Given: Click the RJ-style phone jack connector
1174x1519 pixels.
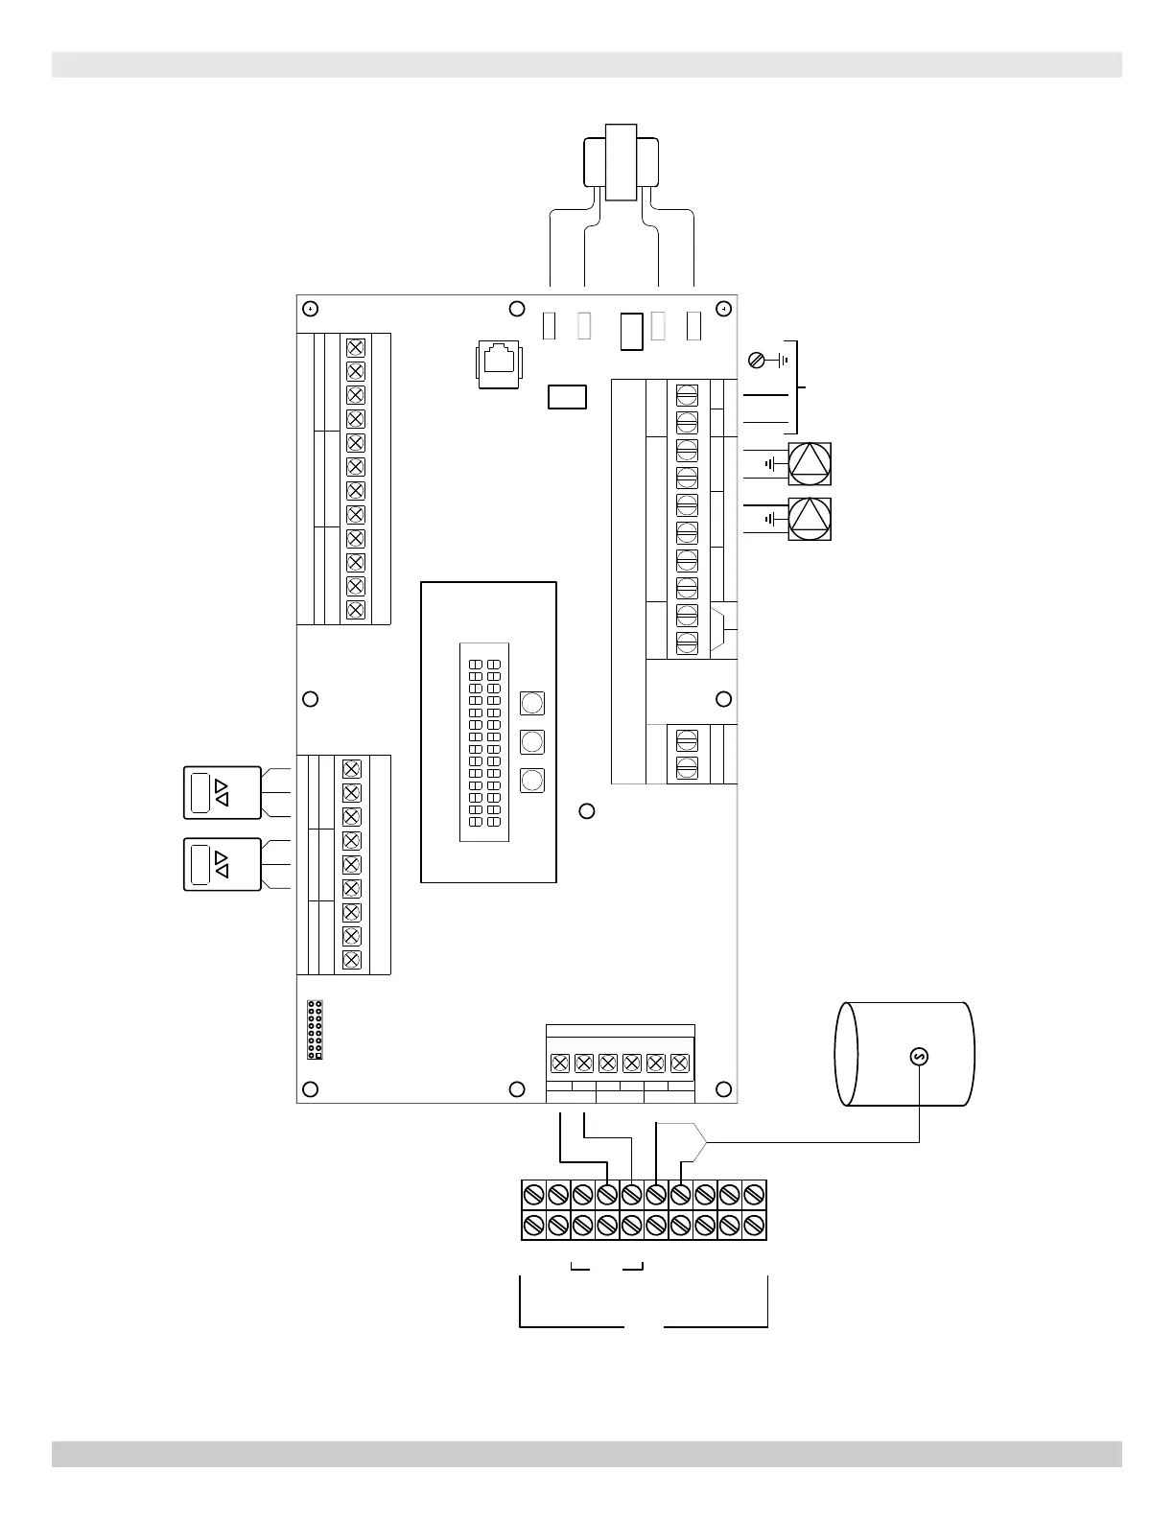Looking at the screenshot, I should pos(499,362).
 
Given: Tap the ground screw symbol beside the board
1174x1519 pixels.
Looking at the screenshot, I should pos(757,361).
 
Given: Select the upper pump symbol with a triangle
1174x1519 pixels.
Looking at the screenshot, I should pos(810,464).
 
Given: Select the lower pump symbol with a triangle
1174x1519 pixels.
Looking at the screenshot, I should pos(810,519).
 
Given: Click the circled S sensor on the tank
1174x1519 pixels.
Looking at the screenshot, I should pos(919,1056).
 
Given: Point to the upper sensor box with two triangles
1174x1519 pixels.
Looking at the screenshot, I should pos(222,792).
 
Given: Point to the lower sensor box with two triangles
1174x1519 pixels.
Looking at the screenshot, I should pos(222,864).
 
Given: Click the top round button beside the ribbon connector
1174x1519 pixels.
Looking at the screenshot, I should pos(531,703).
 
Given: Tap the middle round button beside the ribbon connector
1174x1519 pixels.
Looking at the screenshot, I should pos(531,741).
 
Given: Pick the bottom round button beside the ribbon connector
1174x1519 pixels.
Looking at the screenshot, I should pos(531,780).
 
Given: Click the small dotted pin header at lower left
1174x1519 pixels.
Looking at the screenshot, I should pos(315,1030).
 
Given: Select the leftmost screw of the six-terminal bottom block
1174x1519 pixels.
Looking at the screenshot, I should pos(560,1063).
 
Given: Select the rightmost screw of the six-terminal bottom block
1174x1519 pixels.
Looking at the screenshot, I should pos(680,1063).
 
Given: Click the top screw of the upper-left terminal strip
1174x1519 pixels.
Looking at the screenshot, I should pos(355,347).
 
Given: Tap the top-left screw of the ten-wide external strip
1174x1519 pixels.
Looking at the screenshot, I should pos(534,1195).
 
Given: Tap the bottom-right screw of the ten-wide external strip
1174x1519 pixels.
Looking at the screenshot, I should pos(754,1226).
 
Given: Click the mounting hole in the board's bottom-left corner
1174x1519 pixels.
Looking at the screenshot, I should pos(310,1088).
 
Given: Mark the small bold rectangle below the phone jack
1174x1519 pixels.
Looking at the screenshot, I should pos(567,396).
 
